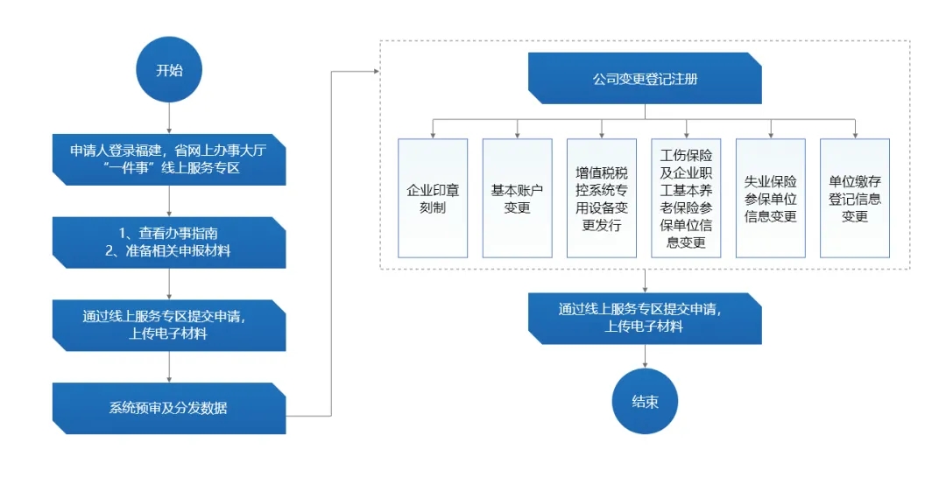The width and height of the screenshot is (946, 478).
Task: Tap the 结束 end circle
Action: click(x=645, y=402)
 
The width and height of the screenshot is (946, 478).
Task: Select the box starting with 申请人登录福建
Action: click(x=169, y=159)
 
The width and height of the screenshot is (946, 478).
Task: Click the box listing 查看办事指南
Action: click(x=169, y=243)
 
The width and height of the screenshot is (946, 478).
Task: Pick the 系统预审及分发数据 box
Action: click(x=169, y=408)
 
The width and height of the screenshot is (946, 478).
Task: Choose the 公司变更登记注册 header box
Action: click(x=645, y=79)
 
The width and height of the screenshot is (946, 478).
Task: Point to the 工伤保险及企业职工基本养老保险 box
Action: click(x=686, y=198)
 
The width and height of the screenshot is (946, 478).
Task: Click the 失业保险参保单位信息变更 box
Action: click(x=770, y=198)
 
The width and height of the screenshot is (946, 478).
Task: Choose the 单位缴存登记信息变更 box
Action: click(x=854, y=198)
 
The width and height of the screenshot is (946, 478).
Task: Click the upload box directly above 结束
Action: click(x=645, y=317)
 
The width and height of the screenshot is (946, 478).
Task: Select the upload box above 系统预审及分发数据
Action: click(x=169, y=325)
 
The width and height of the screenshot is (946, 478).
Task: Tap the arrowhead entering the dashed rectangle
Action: click(x=374, y=72)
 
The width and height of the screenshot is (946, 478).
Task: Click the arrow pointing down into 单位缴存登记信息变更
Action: click(x=854, y=130)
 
